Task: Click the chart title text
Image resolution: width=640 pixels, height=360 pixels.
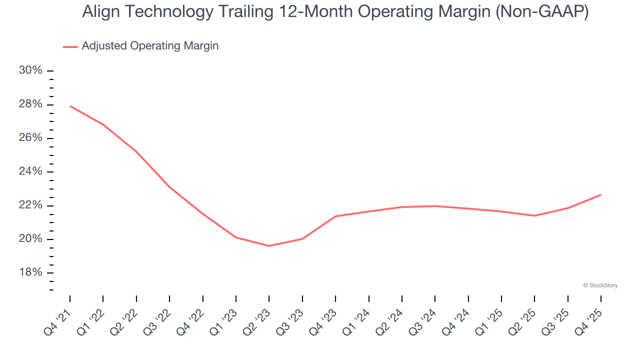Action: tap(335, 12)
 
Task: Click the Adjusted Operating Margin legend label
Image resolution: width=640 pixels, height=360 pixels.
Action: tap(150, 46)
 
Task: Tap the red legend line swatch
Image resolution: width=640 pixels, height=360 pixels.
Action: tap(70, 46)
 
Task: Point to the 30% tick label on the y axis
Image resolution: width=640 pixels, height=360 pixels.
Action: tap(30, 70)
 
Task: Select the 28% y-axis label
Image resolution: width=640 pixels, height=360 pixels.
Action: tap(30, 104)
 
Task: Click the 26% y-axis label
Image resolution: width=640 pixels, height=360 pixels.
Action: tap(30, 138)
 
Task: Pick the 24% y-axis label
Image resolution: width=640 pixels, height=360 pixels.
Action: tap(30, 172)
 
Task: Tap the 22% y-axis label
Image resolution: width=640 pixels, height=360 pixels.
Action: tap(30, 205)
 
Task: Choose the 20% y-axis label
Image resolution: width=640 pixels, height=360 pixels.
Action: tap(30, 239)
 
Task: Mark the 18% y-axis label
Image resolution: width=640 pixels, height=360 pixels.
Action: tap(30, 273)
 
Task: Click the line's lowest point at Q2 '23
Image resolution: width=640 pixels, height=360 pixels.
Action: tap(269, 245)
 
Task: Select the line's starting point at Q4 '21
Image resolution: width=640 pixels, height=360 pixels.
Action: tap(70, 106)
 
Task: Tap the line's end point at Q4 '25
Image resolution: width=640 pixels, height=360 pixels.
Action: tap(600, 194)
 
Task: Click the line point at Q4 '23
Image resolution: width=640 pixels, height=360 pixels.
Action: tap(335, 216)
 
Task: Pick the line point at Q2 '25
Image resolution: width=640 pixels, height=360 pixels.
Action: tap(534, 215)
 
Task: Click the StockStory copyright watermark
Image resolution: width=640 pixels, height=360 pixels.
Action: tap(600, 285)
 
